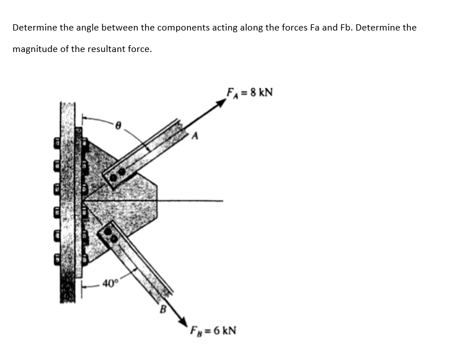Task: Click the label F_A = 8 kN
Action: (x=249, y=92)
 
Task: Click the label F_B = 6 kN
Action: (x=212, y=328)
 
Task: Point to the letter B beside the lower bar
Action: (x=163, y=309)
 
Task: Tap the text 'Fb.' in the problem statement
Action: (x=348, y=27)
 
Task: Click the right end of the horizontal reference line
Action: (x=223, y=199)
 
